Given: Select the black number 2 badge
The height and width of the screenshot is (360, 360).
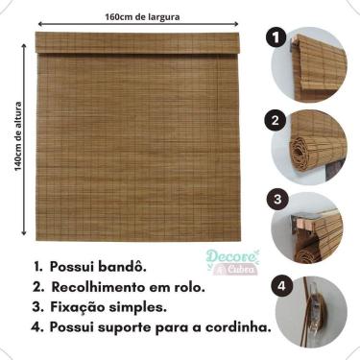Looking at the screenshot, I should coord(276,122).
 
